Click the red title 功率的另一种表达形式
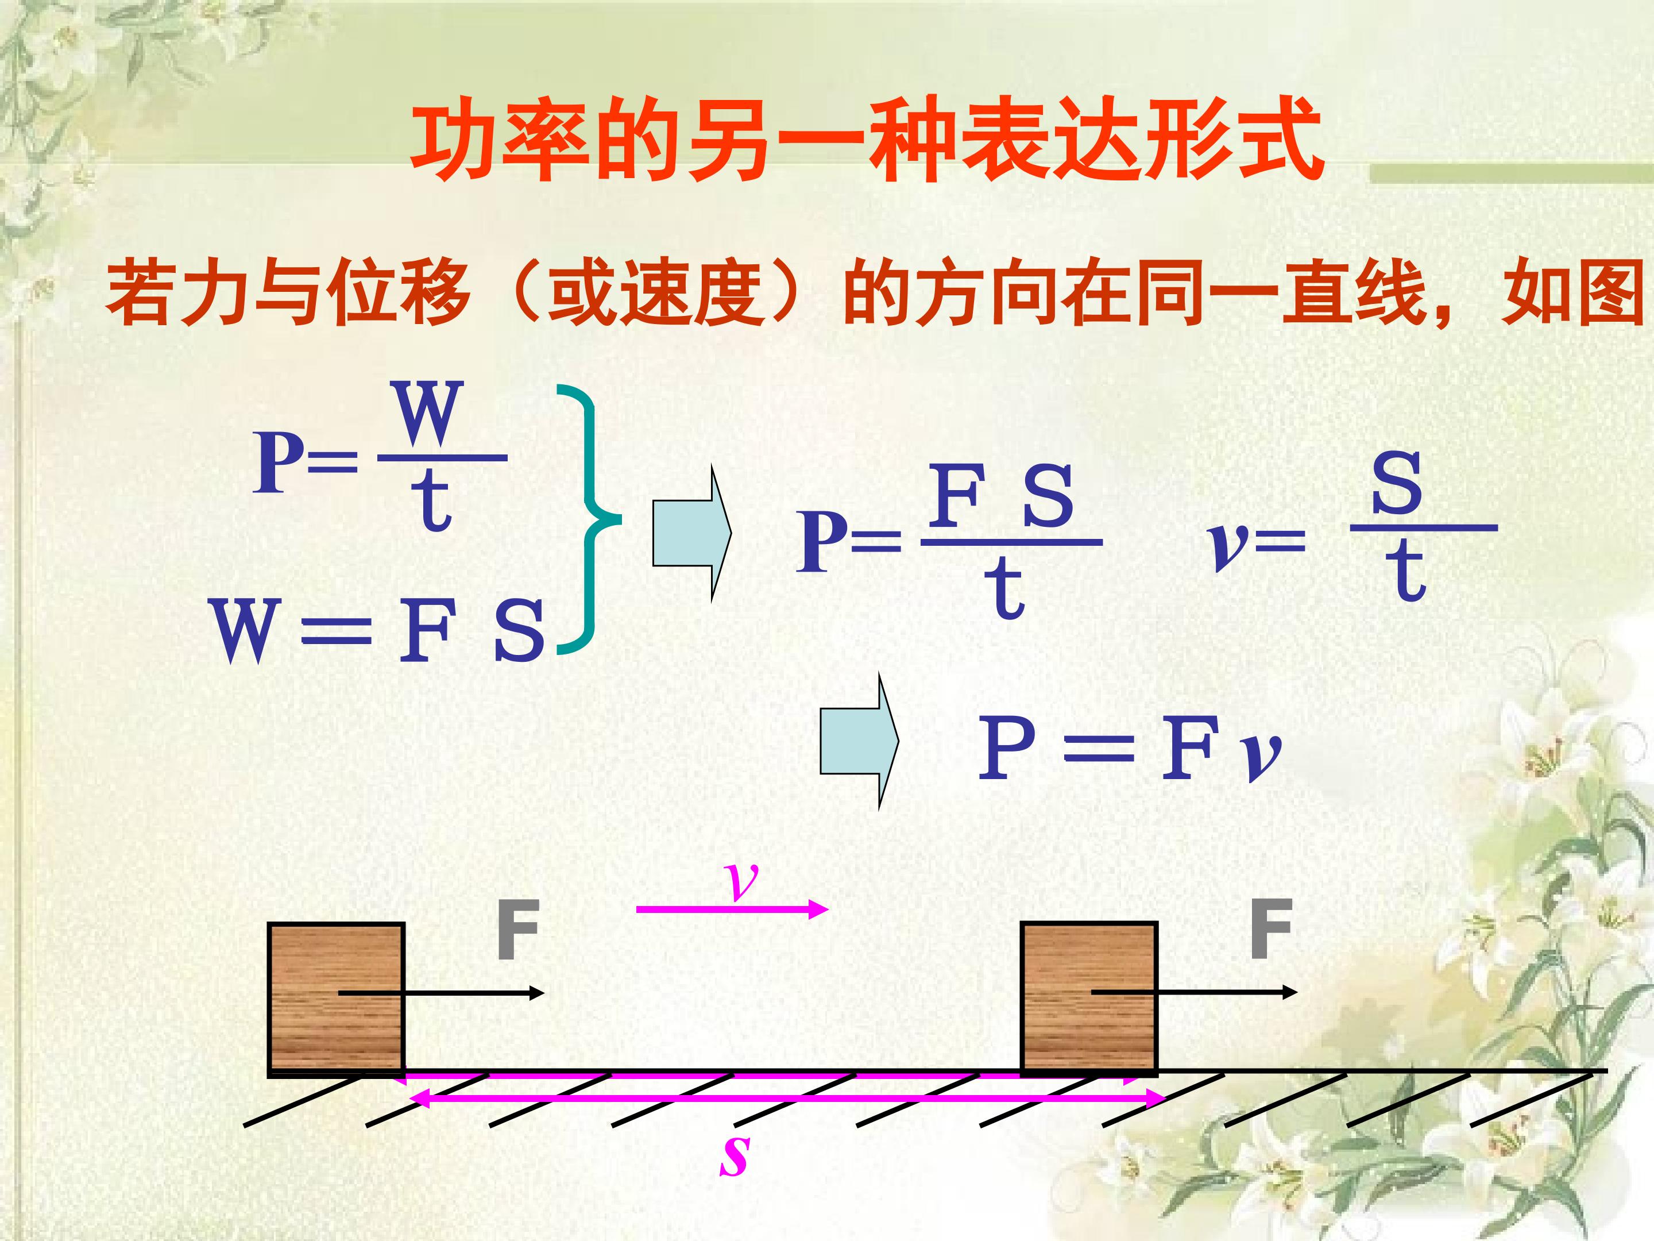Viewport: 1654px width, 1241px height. [x=867, y=139]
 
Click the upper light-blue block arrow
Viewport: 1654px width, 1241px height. [x=691, y=533]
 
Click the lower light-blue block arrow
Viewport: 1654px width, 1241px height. [x=859, y=741]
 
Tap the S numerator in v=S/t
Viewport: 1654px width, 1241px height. [x=1396, y=483]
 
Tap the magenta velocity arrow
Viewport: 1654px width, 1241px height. [x=732, y=909]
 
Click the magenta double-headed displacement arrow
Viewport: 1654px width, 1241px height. [x=787, y=1098]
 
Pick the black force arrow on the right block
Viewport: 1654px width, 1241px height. [x=1194, y=992]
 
